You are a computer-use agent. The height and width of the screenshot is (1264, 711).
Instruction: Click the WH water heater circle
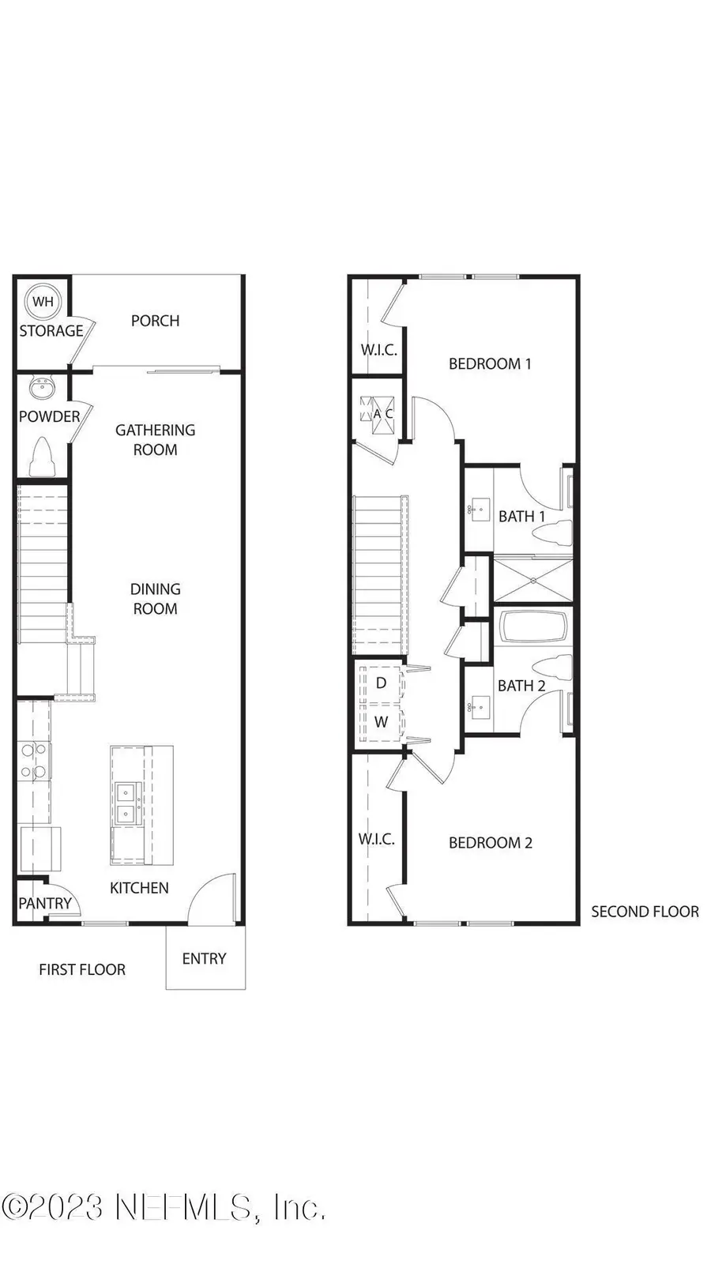43,301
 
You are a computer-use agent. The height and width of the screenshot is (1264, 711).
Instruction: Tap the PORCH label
155,321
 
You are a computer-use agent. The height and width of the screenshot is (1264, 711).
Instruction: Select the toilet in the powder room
41,457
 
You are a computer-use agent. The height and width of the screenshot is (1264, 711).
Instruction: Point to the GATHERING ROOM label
155,440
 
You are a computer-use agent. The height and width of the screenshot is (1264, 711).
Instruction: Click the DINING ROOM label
155,599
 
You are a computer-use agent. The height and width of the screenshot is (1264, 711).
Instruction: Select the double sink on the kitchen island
125,803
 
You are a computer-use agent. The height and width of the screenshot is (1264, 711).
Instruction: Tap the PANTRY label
45,903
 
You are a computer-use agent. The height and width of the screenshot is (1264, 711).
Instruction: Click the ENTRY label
204,959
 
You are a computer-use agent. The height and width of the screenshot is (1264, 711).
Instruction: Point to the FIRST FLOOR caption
82,969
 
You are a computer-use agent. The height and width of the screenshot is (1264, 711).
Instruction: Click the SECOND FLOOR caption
645,912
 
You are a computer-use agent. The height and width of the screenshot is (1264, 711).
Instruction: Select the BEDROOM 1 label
490,363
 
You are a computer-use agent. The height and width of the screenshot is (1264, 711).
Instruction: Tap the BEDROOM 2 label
490,843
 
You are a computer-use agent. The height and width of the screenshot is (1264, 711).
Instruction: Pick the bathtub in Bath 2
534,629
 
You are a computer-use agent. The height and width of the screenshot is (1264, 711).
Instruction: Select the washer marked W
381,721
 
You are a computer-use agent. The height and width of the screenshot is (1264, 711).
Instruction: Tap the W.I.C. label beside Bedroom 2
376,839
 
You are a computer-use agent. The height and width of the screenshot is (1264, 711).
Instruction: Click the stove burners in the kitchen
34,762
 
